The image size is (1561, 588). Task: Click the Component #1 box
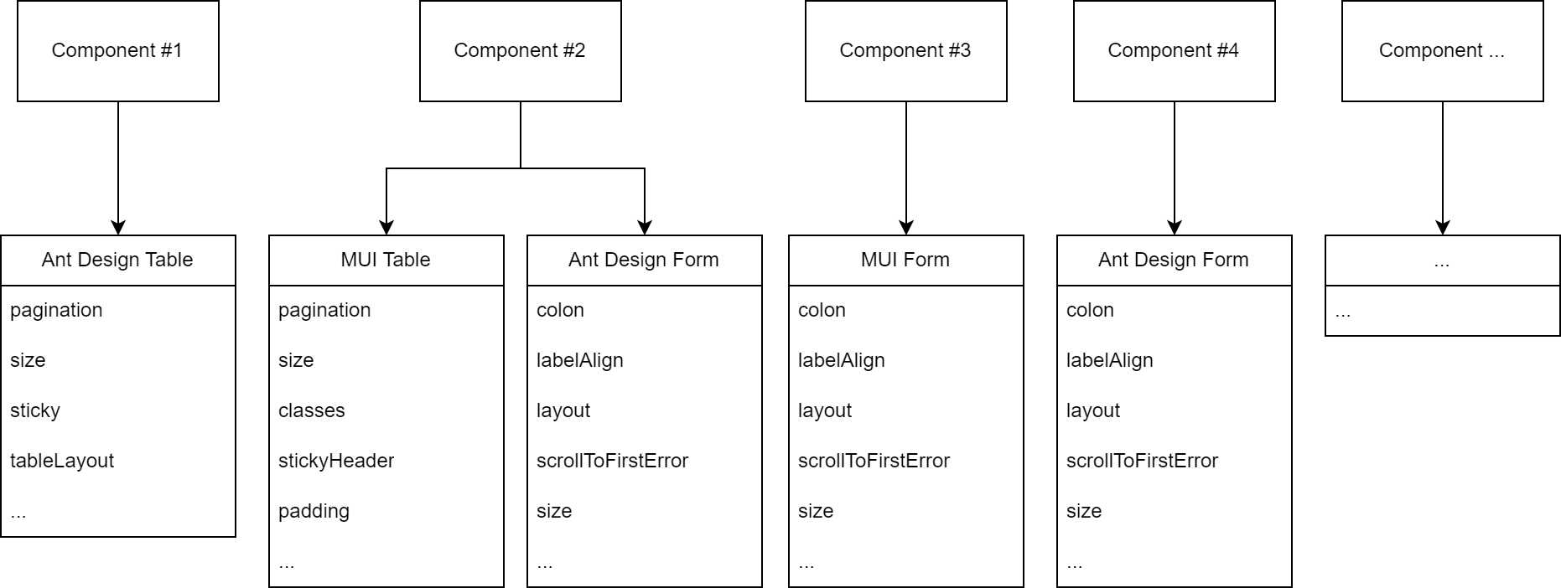pos(117,51)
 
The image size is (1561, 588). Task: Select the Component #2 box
pos(520,51)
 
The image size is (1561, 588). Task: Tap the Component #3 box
pos(905,51)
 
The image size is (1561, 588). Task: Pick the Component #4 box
pos(1174,51)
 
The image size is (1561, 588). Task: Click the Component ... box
pos(1442,51)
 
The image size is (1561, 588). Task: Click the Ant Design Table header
pos(117,260)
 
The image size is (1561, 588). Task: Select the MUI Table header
pos(386,260)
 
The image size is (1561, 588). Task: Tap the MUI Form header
pos(905,260)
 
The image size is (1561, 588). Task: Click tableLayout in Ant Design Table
pos(62,461)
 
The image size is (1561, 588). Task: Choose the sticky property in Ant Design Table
pos(35,410)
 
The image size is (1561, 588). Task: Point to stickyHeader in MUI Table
pos(336,461)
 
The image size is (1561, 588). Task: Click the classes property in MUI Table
pos(312,410)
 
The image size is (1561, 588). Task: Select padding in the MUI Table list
pos(314,511)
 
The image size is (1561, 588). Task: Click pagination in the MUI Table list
pos(324,310)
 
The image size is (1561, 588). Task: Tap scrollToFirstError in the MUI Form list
pos(874,461)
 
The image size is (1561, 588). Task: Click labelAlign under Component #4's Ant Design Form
pos(1110,360)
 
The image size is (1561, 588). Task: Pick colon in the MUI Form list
pos(822,310)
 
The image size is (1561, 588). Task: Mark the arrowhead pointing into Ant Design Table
pos(118,227)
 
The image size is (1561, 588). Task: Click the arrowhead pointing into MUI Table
pos(386,227)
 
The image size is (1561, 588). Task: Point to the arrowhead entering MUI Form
pos(906,227)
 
